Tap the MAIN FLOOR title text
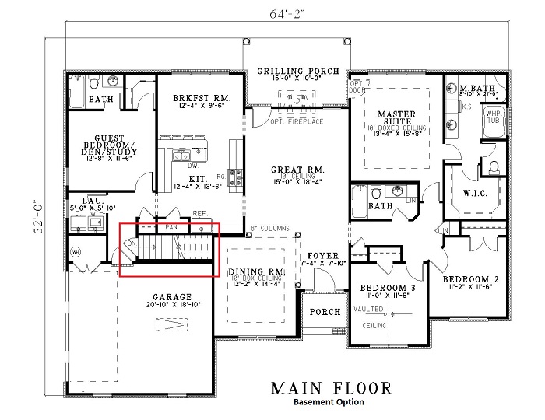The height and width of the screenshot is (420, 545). click(331, 387)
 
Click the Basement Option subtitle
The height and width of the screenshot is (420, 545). click(329, 403)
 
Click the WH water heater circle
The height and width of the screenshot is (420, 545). click(76, 251)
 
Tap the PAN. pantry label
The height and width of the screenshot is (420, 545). click(173, 227)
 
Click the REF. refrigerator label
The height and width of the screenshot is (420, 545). click(199, 212)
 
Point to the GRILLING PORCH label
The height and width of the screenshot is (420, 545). click(298, 71)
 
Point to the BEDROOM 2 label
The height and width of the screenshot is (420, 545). click(470, 278)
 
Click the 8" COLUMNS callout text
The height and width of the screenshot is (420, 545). click(272, 229)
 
